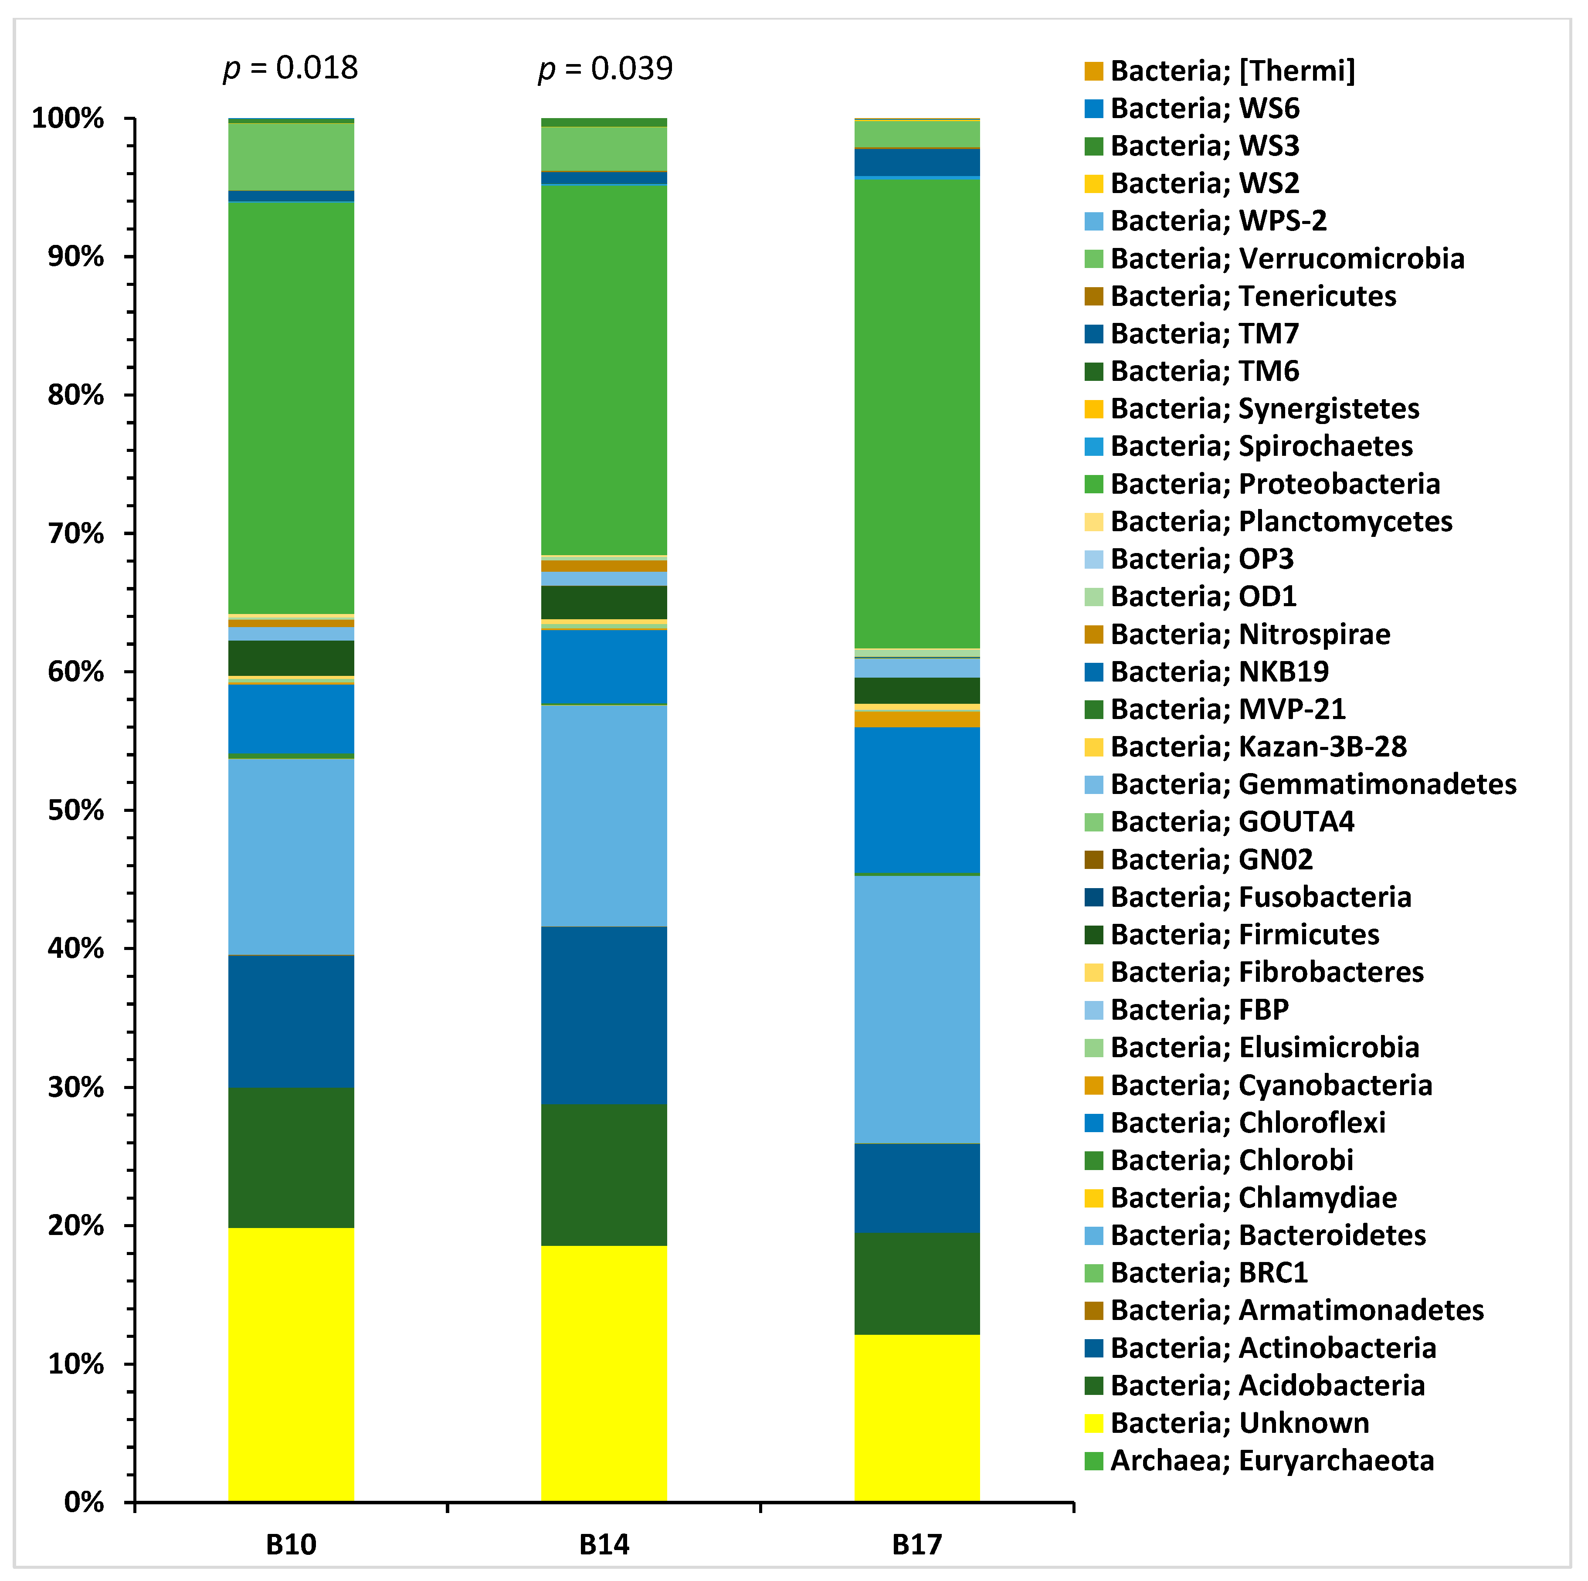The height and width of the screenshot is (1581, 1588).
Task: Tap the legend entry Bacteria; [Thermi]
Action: pyautogui.click(x=1231, y=71)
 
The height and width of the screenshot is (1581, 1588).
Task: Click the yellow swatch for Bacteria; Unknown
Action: pyautogui.click(x=1093, y=1422)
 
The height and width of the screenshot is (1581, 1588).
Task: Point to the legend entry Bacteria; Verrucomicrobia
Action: pyautogui.click(x=1286, y=258)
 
